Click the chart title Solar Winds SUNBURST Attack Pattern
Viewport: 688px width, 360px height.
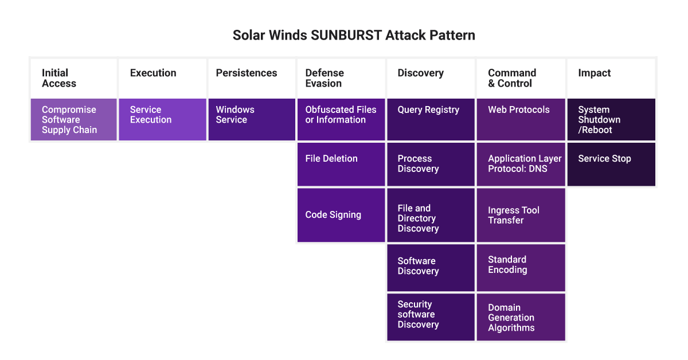coord(354,35)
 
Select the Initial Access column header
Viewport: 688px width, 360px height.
coord(74,79)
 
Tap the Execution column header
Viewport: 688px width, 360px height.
coord(162,79)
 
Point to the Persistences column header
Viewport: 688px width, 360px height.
coord(252,79)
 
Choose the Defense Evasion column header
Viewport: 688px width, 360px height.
coord(341,79)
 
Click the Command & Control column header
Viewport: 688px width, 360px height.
coord(521,79)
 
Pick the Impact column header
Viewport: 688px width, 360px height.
coord(611,79)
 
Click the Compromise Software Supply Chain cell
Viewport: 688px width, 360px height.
coord(74,119)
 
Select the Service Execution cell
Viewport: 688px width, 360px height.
coord(162,119)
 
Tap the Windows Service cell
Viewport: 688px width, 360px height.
coord(252,119)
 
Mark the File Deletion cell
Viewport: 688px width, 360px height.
coord(341,165)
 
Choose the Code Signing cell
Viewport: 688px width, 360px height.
coord(341,215)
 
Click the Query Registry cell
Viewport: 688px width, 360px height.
coord(431,119)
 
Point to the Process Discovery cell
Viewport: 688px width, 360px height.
coord(431,165)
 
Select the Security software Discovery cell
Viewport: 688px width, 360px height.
coord(431,317)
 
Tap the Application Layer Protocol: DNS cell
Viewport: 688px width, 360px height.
coord(521,165)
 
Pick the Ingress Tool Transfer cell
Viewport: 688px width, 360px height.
coord(521,215)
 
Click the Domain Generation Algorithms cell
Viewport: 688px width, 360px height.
coord(521,317)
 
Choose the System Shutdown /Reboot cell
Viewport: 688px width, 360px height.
coord(611,119)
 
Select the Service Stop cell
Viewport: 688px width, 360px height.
coord(611,165)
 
